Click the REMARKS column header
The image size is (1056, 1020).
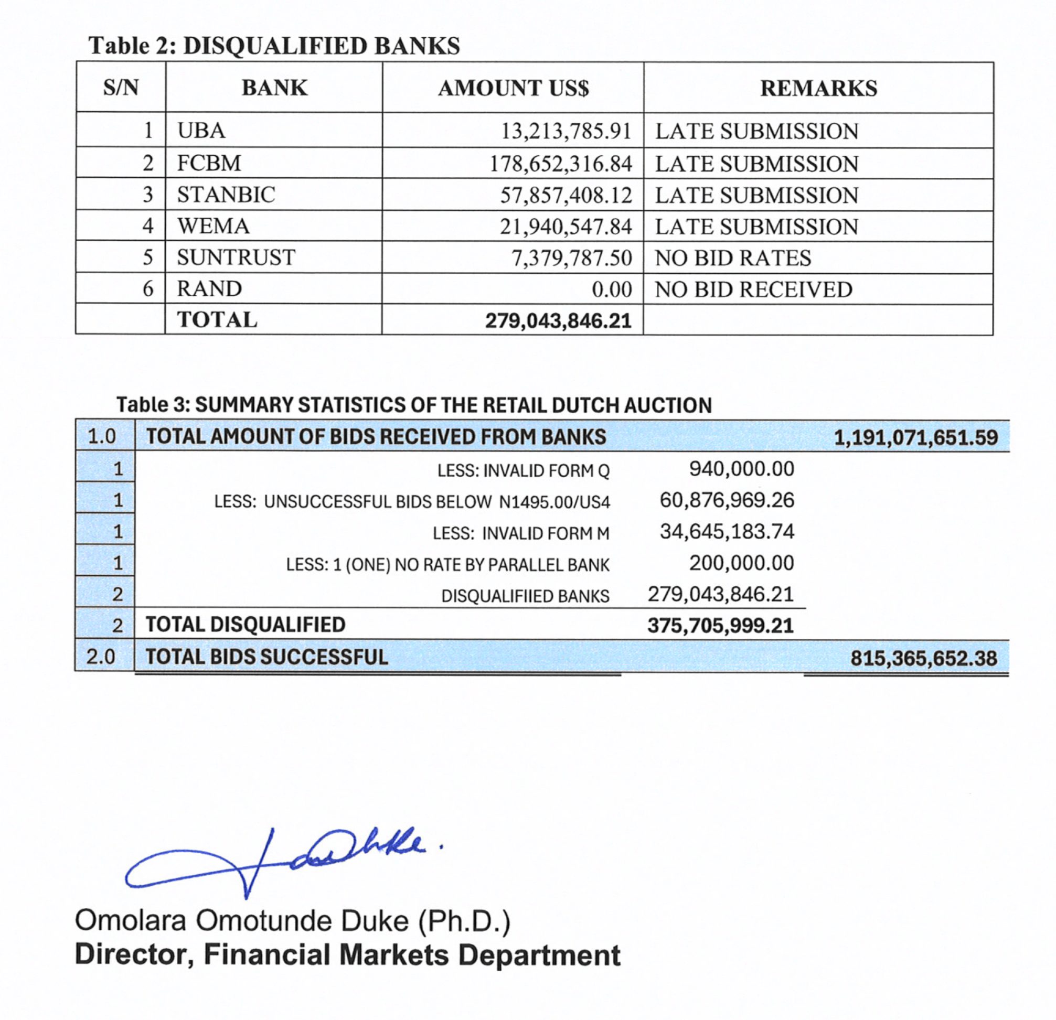tap(818, 88)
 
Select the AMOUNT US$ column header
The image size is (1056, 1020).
tap(513, 88)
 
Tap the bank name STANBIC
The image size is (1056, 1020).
tap(226, 195)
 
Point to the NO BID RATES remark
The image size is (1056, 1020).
tap(733, 258)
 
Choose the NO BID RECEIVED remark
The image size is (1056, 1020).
tap(753, 289)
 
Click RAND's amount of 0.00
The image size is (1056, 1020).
tap(612, 289)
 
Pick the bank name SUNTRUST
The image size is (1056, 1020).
tap(236, 257)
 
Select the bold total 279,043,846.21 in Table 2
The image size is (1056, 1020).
tap(558, 321)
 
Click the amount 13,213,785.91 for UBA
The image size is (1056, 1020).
tap(566, 132)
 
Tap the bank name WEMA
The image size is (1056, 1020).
tap(214, 226)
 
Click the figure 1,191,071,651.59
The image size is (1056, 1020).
tap(916, 437)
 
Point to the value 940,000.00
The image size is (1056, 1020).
tap(741, 469)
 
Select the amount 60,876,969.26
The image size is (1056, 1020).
tap(727, 500)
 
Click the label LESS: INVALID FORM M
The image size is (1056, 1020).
tap(521, 534)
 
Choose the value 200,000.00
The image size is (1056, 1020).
tap(741, 563)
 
